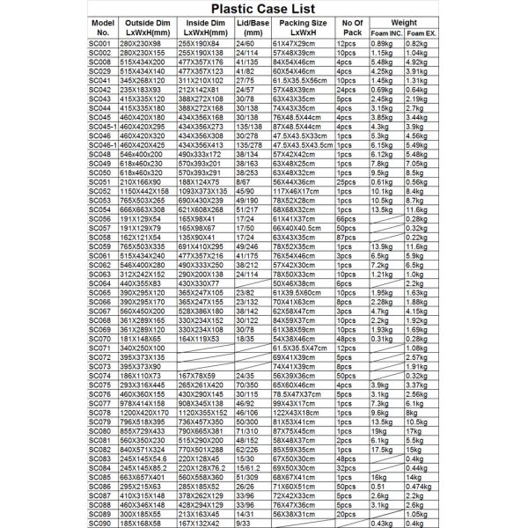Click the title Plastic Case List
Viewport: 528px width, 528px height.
[264, 9]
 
